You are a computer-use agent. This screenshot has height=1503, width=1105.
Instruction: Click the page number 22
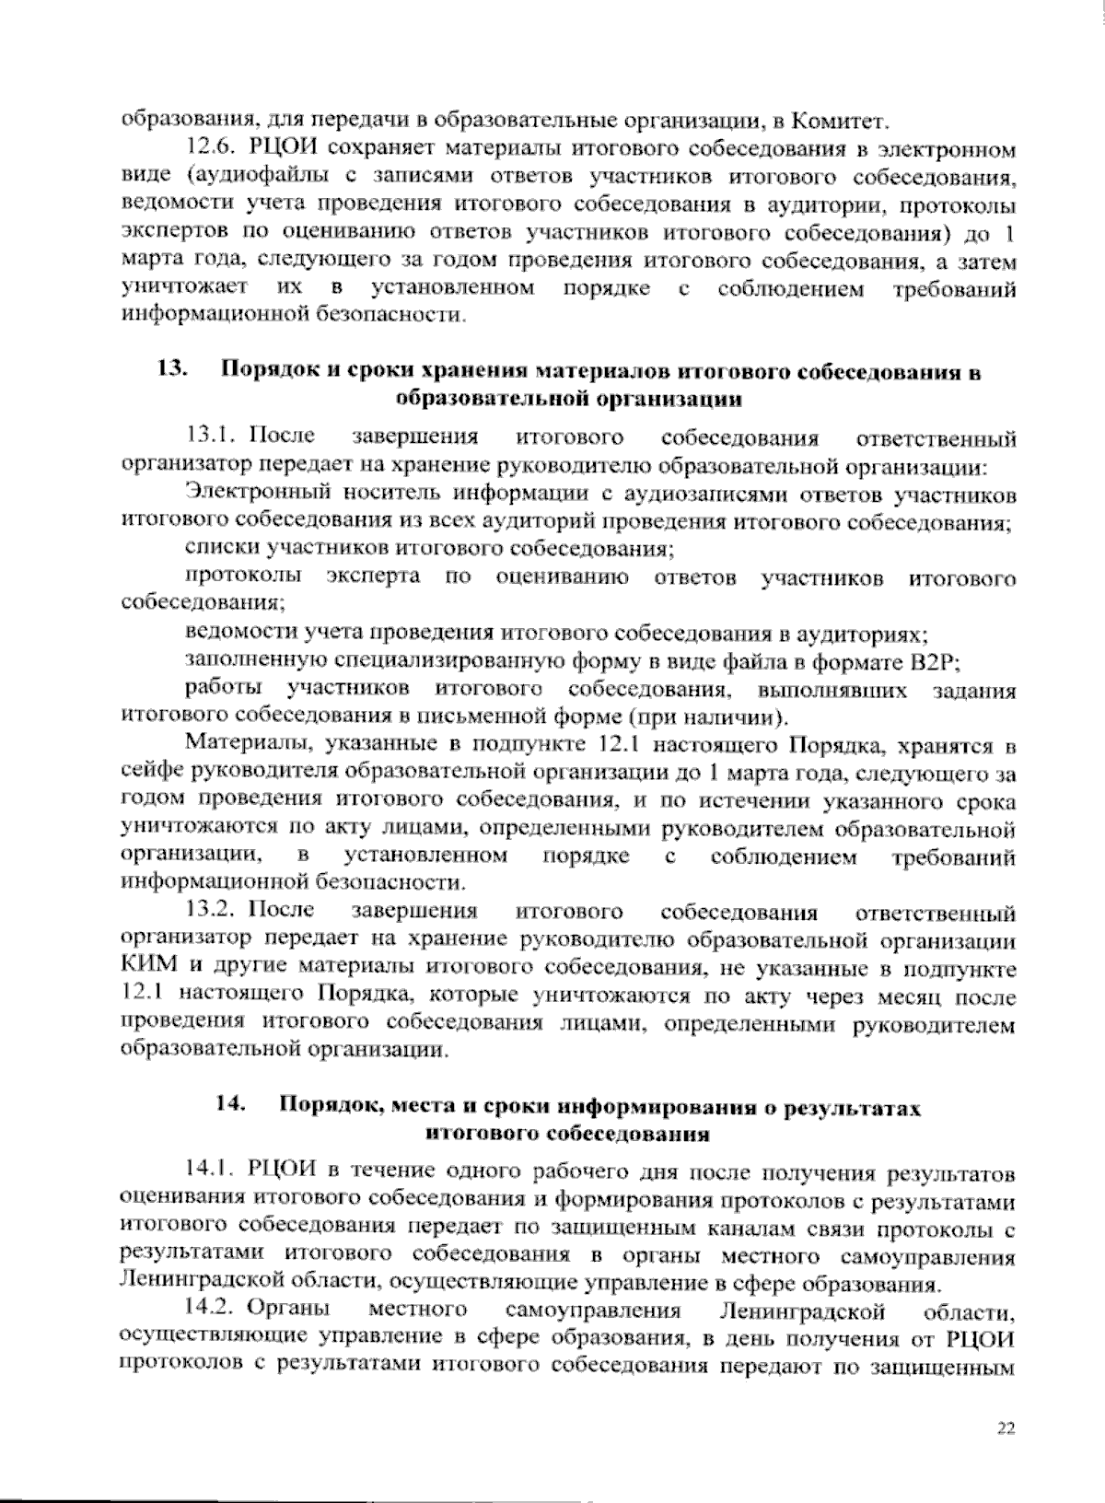(x=1005, y=1428)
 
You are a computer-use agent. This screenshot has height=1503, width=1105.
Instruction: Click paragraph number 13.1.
(x=212, y=437)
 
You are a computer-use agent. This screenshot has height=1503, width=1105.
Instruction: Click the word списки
(x=221, y=550)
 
